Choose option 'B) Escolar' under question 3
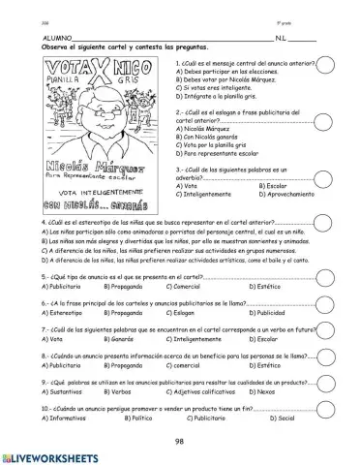256,185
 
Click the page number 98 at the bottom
179,440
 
